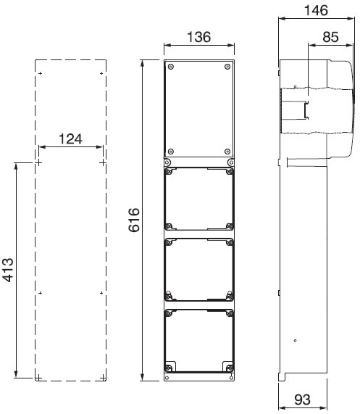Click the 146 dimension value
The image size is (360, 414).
tap(316, 10)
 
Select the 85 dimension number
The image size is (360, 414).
tap(330, 37)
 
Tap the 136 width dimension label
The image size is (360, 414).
tap(199, 37)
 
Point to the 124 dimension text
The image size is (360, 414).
tap(70, 139)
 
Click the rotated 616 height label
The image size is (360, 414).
tap(134, 220)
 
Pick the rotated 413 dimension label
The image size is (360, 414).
tap(8, 270)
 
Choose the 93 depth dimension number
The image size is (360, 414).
tap(302, 399)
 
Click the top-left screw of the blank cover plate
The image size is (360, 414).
tap(171, 67)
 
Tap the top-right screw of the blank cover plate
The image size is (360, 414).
tap(227, 67)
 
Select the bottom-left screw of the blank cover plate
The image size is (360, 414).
tap(171, 152)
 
